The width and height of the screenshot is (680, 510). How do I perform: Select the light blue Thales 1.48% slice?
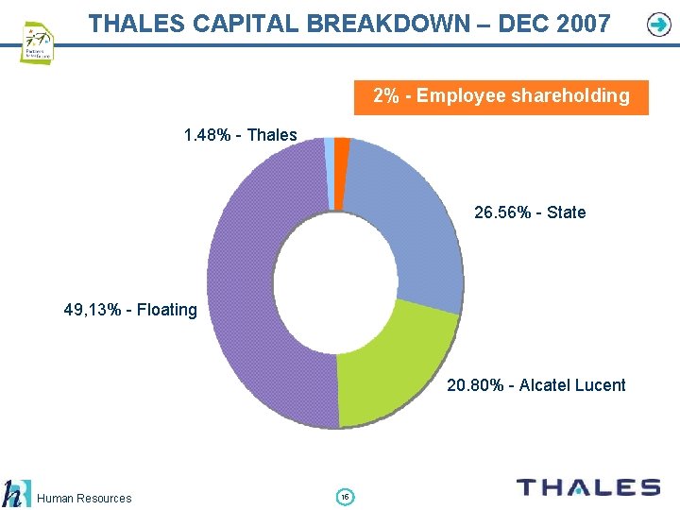coord(329,146)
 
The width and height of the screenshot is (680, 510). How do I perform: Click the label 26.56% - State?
coord(529,212)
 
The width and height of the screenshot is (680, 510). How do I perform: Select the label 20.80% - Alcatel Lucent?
coord(535,384)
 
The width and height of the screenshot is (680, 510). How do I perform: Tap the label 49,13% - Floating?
coord(130,309)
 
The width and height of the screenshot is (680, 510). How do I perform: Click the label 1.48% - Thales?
coord(240,135)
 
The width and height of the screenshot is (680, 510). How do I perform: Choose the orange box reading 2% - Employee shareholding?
coord(501,96)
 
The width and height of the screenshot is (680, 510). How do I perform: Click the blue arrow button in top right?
coord(658,25)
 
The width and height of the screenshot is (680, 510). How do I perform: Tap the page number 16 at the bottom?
coord(345,497)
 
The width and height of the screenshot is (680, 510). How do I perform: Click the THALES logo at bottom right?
coord(587,487)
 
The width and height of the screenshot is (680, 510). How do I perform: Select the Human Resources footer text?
coord(85,498)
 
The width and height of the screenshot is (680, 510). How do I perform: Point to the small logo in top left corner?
coord(37,42)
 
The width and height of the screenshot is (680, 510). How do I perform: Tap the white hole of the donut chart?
coord(335,282)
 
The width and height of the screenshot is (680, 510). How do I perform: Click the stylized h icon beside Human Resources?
coord(13,494)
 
